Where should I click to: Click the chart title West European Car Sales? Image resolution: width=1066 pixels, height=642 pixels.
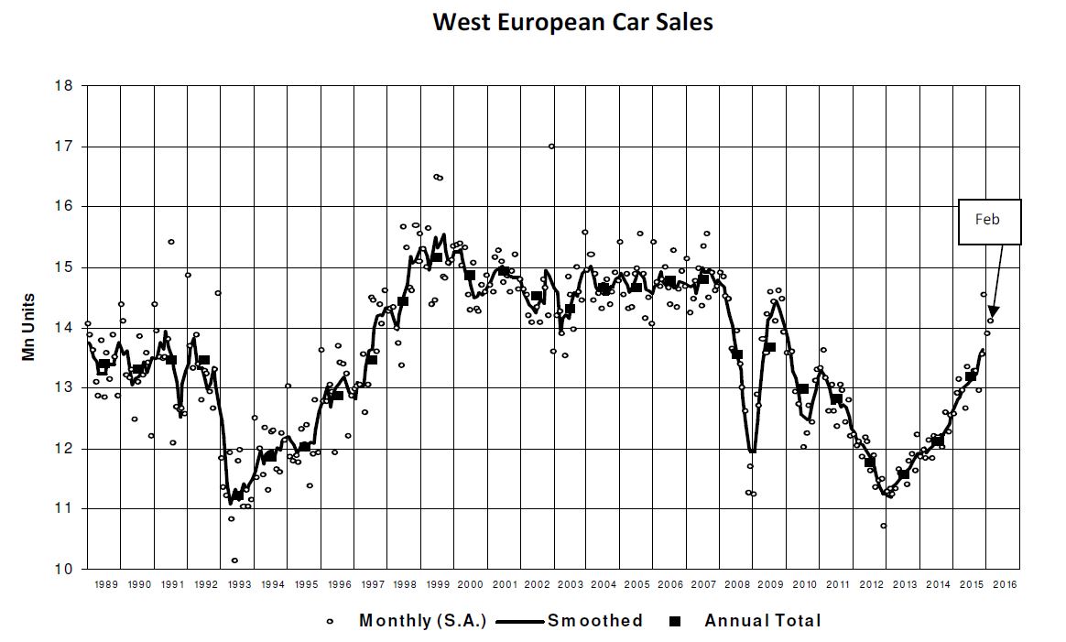tap(572, 22)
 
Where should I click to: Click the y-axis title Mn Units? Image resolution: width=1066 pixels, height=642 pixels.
tap(28, 327)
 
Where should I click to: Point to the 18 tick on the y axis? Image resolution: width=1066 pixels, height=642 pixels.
tap(64, 86)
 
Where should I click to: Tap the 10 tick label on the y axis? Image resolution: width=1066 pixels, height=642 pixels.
tap(64, 569)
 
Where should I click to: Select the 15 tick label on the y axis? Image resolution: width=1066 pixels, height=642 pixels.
tap(64, 267)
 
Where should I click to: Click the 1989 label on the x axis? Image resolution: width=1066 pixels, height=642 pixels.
tap(106, 584)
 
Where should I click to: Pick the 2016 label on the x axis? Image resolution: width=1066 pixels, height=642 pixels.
tap(1004, 584)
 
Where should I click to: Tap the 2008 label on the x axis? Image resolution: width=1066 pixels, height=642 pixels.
tap(737, 584)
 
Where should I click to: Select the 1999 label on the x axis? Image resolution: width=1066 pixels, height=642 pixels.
tap(438, 584)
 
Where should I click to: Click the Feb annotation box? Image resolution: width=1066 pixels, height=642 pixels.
tap(989, 222)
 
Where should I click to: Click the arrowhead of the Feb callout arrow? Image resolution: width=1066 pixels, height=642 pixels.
tap(993, 312)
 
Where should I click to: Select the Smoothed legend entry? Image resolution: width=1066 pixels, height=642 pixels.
tap(570, 621)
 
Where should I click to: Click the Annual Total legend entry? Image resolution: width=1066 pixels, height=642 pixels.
tap(748, 621)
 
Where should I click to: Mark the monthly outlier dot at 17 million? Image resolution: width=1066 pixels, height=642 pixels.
tap(551, 147)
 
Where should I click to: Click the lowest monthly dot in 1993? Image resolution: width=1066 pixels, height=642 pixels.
tap(234, 560)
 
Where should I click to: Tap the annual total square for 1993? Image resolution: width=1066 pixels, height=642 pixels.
tap(237, 495)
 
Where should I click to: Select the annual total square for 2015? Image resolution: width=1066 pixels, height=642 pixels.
tap(971, 376)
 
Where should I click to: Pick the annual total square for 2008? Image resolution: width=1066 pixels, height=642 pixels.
tap(737, 354)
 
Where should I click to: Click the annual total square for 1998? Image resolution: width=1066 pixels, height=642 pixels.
tap(403, 301)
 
